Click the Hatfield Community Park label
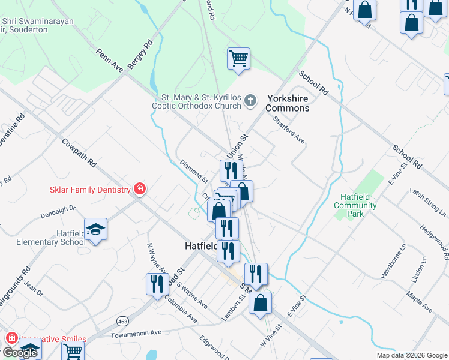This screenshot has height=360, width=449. (x=355, y=205)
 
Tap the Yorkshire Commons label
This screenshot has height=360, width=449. (x=288, y=103)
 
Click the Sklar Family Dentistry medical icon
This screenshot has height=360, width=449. (x=140, y=190)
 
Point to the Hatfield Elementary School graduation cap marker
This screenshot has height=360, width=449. (x=95, y=230)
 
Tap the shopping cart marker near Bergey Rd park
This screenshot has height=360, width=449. (x=238, y=59)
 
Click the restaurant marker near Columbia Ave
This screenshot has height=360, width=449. (x=157, y=284)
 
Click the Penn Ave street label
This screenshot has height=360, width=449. (x=109, y=61)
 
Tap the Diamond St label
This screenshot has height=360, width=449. (x=193, y=171)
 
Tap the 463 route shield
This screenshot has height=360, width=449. (x=122, y=319)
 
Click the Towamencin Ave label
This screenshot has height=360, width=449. (x=139, y=332)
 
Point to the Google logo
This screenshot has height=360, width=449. (x=19, y=353)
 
